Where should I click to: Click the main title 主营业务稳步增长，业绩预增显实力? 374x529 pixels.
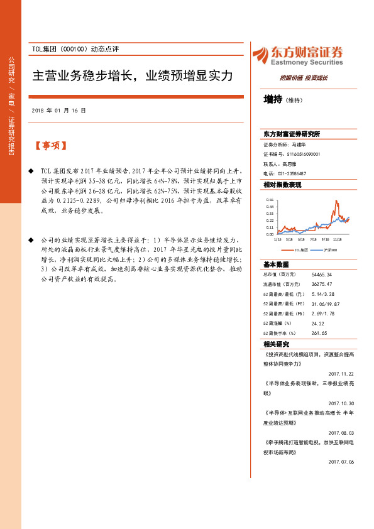pos(133,76)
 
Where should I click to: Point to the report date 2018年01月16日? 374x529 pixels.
pos(59,111)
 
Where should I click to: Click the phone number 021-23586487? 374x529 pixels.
pos(292,173)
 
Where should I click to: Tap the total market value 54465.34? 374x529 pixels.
pos(322,275)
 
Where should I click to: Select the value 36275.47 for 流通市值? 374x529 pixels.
pos(322,284)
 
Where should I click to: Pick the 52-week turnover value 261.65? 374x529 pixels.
pos(319,333)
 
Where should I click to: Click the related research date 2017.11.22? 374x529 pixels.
pos(341,373)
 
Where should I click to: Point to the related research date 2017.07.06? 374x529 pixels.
pos(341,461)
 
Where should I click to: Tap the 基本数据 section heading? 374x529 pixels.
pos(276,264)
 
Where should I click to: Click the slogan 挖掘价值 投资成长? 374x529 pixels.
pos(304,79)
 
